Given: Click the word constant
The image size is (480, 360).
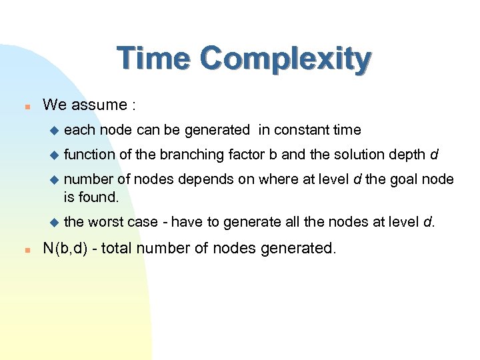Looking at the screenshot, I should click(x=297, y=130).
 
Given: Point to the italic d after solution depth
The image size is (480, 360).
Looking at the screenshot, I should click(x=435, y=155).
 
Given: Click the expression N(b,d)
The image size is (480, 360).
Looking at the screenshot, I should click(x=67, y=249).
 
